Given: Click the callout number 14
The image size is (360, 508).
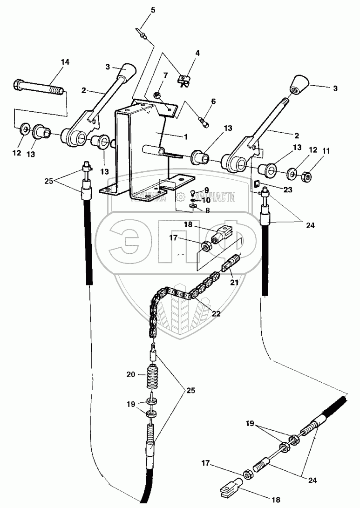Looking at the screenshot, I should [x=65, y=62].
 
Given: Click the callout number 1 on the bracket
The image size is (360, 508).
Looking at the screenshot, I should [x=185, y=136].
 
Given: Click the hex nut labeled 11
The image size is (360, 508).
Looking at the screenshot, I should [x=307, y=177].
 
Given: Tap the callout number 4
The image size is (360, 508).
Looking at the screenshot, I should [x=197, y=53].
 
